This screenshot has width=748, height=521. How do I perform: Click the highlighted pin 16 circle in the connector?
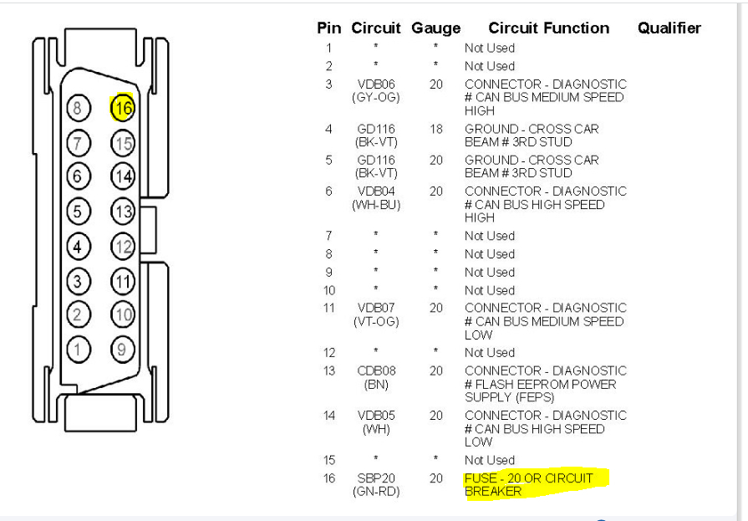pyautogui.click(x=122, y=109)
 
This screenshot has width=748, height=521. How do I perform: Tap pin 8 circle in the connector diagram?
pyautogui.click(x=78, y=109)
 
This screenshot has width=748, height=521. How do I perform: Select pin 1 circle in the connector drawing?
pyautogui.click(x=78, y=350)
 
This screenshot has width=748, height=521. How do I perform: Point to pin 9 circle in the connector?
pyautogui.click(x=122, y=350)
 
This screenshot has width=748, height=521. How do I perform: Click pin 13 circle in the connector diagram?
pyautogui.click(x=122, y=212)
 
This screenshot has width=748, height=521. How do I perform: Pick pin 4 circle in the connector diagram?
pyautogui.click(x=78, y=247)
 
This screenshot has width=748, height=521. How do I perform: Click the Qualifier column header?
pyautogui.click(x=669, y=28)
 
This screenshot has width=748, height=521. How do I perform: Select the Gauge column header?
pyautogui.click(x=435, y=28)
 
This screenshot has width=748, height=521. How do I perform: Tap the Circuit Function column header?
pyautogui.click(x=548, y=28)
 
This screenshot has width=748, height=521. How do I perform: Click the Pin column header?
pyautogui.click(x=328, y=28)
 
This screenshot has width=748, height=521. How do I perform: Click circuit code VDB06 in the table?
pyautogui.click(x=376, y=84)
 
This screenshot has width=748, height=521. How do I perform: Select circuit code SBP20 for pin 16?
pyautogui.click(x=376, y=478)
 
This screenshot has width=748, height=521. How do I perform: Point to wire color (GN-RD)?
pyautogui.click(x=376, y=492)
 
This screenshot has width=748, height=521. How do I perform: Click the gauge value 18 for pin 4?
pyautogui.click(x=436, y=130)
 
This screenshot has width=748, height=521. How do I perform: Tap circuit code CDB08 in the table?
pyautogui.click(x=376, y=371)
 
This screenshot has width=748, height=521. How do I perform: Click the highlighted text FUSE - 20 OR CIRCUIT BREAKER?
pyautogui.click(x=528, y=485)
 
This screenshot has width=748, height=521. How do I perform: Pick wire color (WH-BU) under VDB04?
pyautogui.click(x=376, y=205)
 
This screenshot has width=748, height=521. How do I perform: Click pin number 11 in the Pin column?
pyautogui.click(x=329, y=309)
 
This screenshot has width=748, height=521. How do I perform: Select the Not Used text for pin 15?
pyautogui.click(x=490, y=461)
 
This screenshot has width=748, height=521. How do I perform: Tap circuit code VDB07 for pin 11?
pyautogui.click(x=376, y=309)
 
